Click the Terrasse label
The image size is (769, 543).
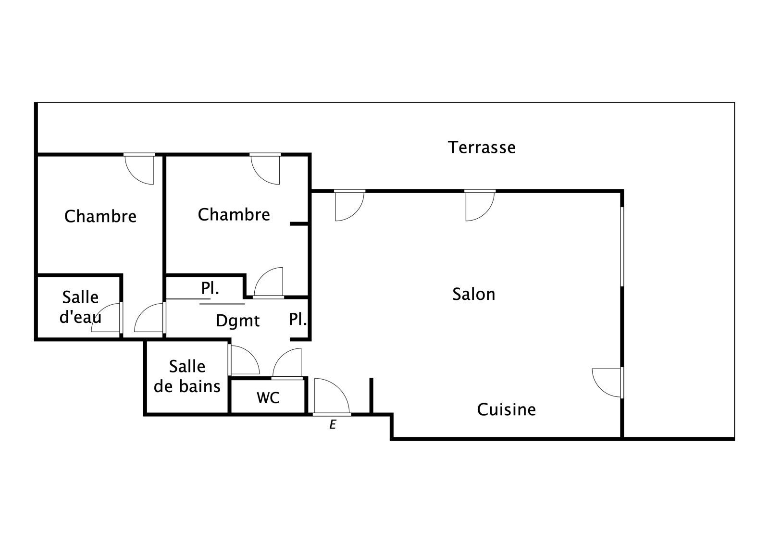(x=482, y=148)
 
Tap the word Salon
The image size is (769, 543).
(x=474, y=294)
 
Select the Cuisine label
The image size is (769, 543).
(x=507, y=409)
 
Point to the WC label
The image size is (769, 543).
(x=268, y=397)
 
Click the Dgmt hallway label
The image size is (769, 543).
(x=237, y=321)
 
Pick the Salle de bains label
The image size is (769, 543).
(x=187, y=377)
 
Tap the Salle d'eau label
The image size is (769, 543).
(x=80, y=307)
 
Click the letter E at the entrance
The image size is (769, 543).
(x=333, y=425)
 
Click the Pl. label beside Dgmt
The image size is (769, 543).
(x=298, y=319)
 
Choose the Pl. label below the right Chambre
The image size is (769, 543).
(x=210, y=288)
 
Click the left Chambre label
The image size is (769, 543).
(x=100, y=216)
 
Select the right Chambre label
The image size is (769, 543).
(x=234, y=214)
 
